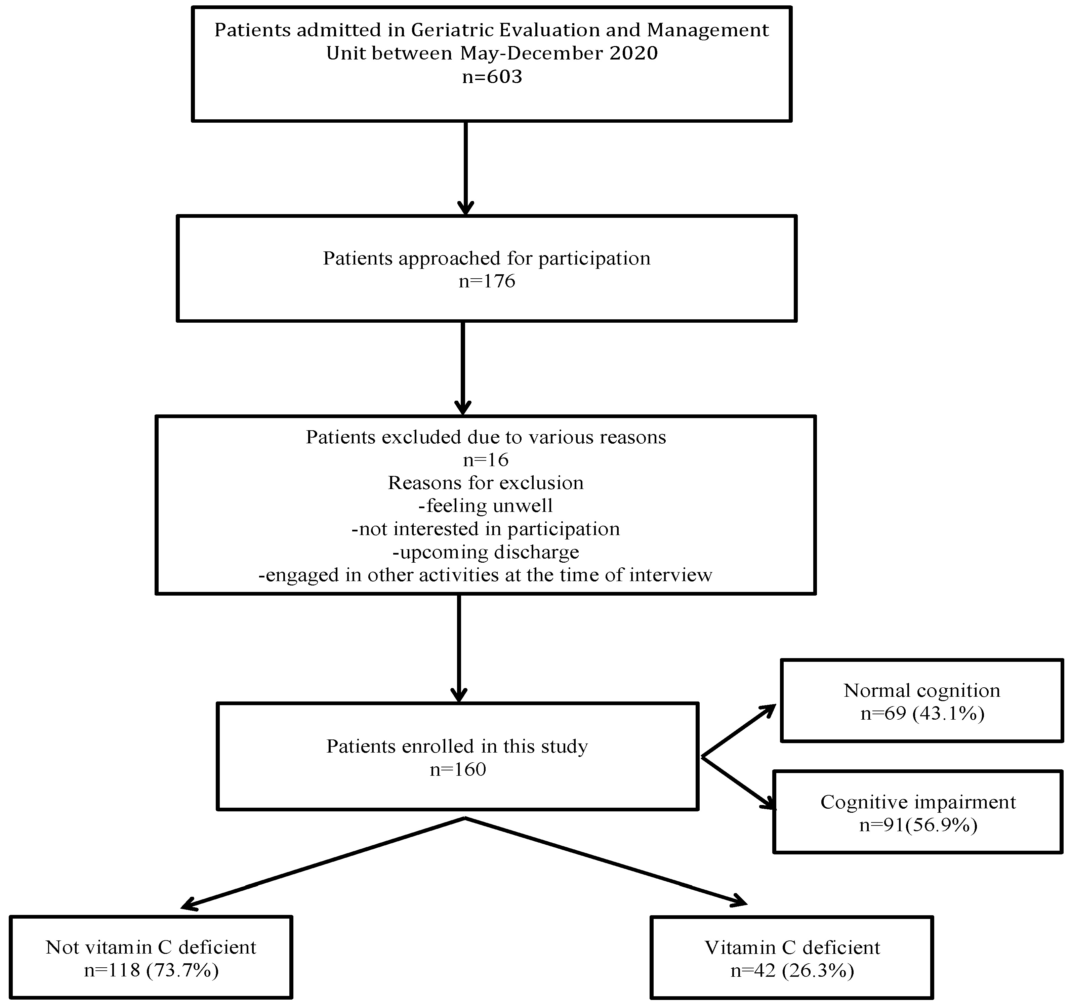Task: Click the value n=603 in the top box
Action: point(492,77)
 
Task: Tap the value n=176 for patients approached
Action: point(487,281)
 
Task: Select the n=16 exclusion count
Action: point(486,460)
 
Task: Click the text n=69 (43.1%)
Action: point(922,714)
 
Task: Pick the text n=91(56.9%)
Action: point(918,825)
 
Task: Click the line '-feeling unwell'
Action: point(486,506)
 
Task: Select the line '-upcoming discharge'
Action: point(486,552)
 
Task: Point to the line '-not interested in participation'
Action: point(486,529)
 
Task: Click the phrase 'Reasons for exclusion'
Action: point(486,483)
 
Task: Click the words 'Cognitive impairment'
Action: point(918,802)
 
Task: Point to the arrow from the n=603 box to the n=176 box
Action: point(465,167)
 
